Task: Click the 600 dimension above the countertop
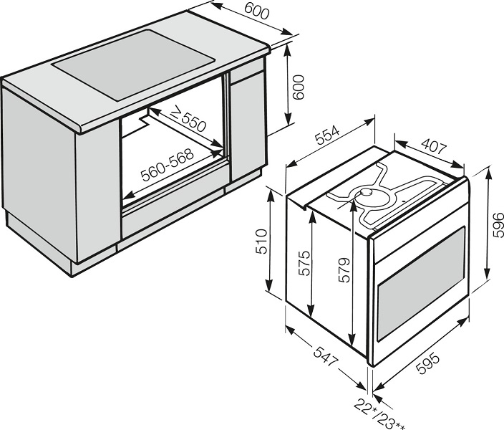pos(256,11)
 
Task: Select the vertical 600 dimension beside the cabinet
pos(299,87)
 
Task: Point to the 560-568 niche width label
pos(168,164)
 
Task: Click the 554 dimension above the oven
pos(327,136)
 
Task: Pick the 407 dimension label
pos(434,146)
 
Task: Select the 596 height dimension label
pos(498,224)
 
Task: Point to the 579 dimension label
pos(344,270)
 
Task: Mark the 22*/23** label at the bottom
pos(379,414)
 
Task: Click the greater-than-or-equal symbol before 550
pos(175,113)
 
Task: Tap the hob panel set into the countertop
pos(133,64)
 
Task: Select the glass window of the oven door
pos(422,284)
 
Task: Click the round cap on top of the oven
pos(366,192)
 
